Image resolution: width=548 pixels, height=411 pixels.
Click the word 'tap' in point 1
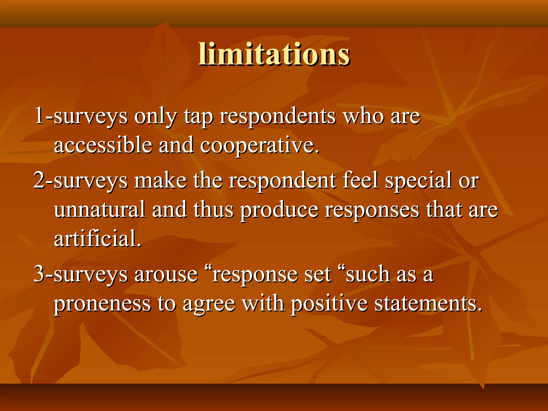click(198, 117)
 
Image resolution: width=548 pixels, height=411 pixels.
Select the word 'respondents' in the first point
click(277, 117)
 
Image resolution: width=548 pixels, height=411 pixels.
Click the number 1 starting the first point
click(39, 116)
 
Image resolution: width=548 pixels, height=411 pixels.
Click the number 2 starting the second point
click(39, 180)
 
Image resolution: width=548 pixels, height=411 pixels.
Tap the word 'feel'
click(360, 180)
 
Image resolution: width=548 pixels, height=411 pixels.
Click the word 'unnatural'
click(100, 210)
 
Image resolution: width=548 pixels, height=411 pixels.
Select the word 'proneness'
click(102, 305)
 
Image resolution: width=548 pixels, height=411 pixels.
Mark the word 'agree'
click(209, 305)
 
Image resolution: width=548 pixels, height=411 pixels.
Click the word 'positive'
click(329, 305)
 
